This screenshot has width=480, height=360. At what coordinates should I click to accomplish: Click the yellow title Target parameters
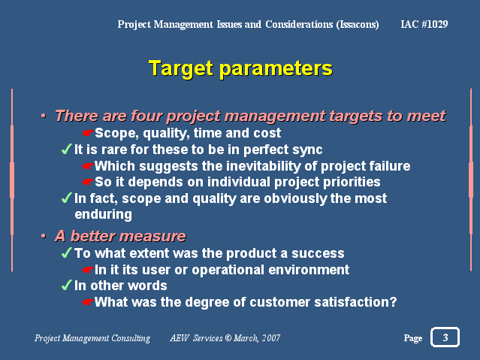(240, 68)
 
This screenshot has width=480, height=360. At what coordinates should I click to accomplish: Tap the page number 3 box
(445, 337)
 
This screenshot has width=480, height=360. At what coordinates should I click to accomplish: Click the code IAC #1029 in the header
(424, 24)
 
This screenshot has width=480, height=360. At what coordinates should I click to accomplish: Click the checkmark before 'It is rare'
(66, 150)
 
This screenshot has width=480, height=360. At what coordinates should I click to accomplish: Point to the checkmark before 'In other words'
(66, 285)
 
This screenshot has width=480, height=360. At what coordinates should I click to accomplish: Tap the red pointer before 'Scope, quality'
(88, 133)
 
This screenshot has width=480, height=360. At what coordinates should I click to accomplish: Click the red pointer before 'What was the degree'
(88, 302)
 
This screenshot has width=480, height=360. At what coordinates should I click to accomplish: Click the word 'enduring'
(104, 214)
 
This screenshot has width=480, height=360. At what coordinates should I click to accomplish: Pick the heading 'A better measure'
(120, 236)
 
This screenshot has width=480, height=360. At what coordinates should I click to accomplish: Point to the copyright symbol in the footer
(228, 337)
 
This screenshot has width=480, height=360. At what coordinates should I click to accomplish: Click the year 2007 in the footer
(271, 337)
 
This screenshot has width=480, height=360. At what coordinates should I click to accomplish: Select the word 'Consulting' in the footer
(131, 338)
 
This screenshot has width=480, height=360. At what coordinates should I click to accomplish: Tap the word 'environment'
(309, 270)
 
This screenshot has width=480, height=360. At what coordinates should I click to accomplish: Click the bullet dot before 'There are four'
(44, 116)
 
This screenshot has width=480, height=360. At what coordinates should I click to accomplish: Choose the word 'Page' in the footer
(413, 338)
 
